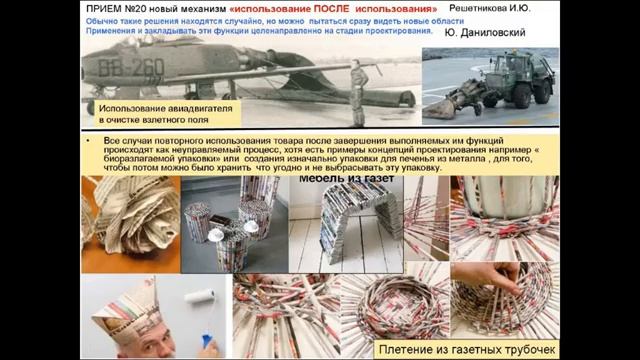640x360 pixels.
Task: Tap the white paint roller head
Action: [200, 297]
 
